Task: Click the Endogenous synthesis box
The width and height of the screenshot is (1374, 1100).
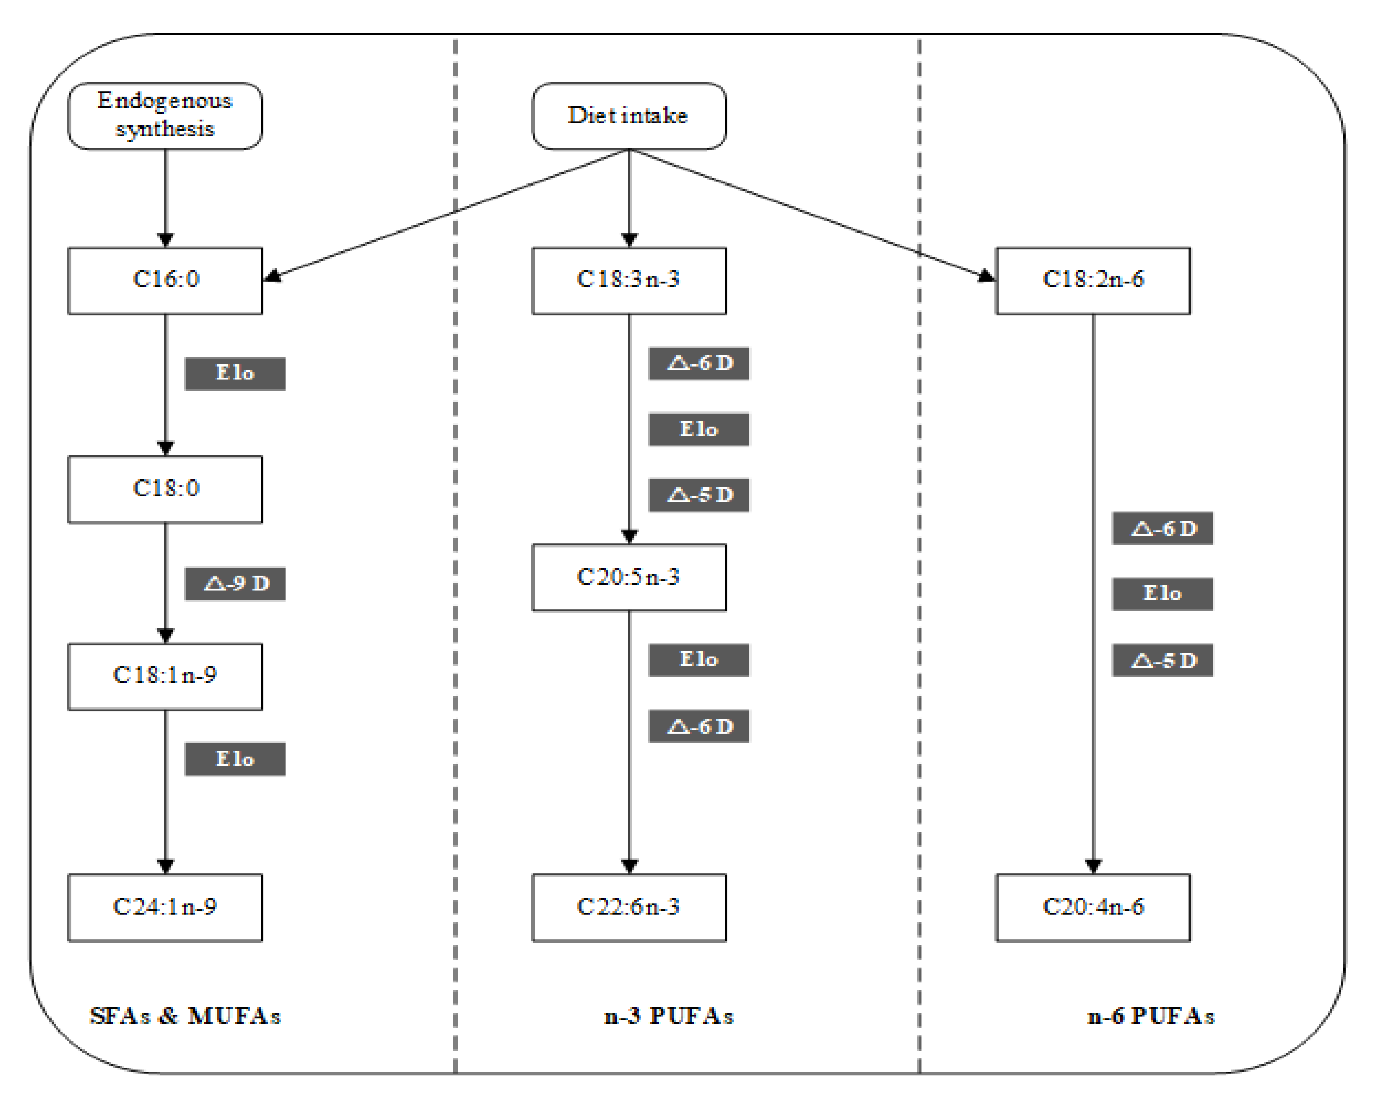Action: tap(165, 115)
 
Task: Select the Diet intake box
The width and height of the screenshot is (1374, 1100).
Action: tap(628, 115)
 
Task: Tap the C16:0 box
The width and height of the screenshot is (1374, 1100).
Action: tap(165, 280)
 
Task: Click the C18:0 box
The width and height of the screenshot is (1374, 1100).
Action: tap(165, 489)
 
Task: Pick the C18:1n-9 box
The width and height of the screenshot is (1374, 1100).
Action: tap(165, 676)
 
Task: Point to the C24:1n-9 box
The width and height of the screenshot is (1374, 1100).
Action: tap(165, 907)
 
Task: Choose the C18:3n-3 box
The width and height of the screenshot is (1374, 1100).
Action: tap(628, 280)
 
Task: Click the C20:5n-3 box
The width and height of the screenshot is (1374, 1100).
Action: tap(628, 577)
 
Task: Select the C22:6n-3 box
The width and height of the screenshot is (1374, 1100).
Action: tap(628, 907)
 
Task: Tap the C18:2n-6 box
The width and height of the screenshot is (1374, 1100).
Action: tap(1092, 280)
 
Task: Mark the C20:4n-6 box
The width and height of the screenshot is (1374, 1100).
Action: tap(1092, 907)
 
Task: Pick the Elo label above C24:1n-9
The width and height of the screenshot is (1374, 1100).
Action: tap(235, 759)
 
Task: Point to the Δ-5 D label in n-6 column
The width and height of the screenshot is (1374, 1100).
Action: tap(1163, 660)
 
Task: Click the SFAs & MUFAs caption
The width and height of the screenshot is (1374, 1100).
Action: tap(185, 1016)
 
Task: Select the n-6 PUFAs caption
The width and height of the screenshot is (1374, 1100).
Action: tap(1150, 1016)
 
